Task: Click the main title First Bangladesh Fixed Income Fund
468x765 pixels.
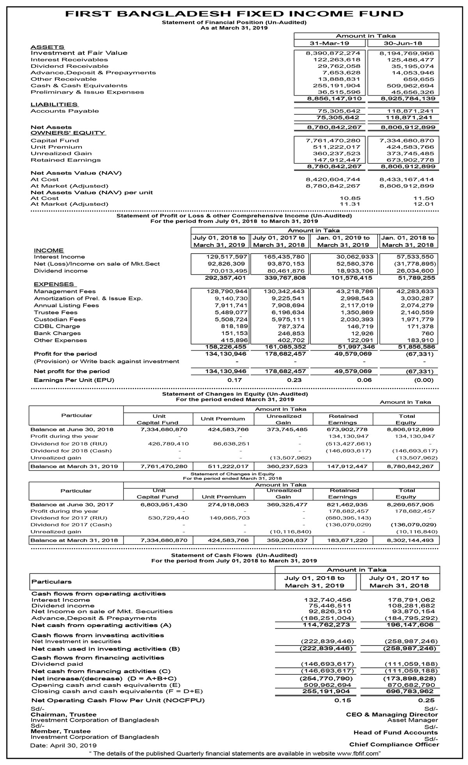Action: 234,14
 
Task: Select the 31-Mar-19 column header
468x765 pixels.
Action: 330,43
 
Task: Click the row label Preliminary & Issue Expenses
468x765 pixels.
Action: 87,92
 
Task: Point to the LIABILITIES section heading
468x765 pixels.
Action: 54,105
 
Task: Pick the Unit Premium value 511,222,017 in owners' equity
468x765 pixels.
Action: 337,147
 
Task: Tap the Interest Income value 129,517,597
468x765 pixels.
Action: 227,257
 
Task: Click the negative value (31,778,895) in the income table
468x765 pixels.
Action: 415,264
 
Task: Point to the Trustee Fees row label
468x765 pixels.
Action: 56,312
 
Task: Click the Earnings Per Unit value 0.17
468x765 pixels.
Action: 235,380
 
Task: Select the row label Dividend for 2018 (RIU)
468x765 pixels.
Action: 69,444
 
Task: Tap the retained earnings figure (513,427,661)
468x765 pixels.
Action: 348,444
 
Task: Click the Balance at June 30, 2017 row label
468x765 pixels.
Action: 72,504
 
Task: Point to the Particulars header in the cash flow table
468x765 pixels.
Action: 51,582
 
